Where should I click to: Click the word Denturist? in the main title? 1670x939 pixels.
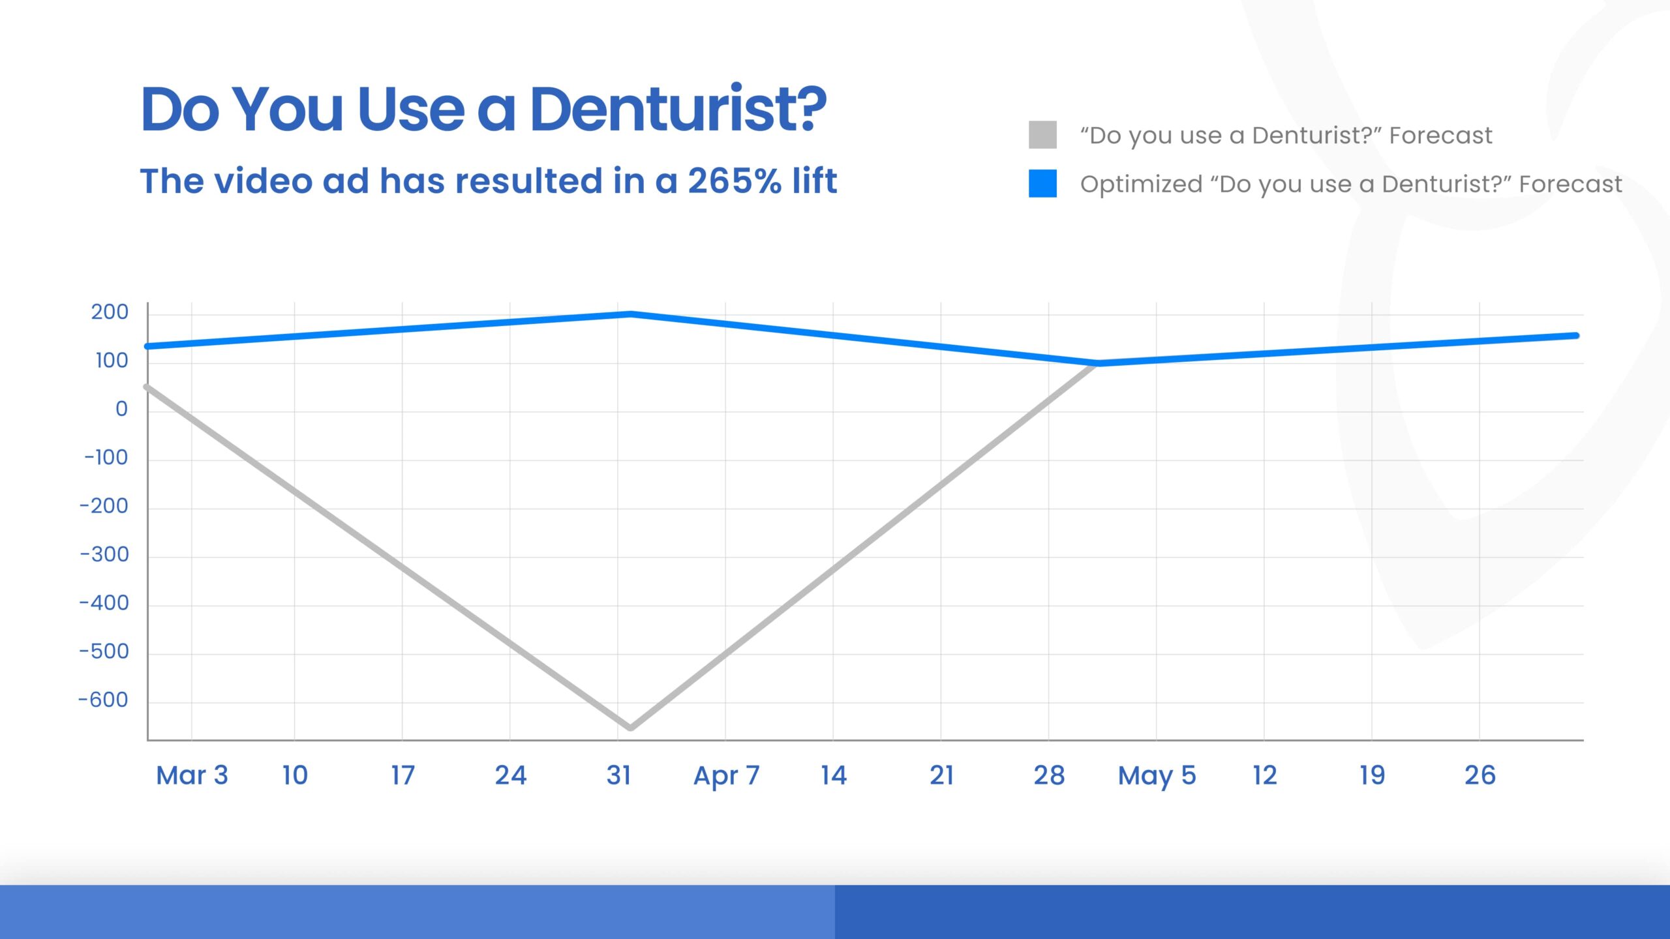pos(678,110)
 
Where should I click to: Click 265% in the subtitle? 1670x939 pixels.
pos(735,181)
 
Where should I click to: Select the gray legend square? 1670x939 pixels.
pos(1042,135)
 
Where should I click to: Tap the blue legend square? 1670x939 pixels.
pos(1042,183)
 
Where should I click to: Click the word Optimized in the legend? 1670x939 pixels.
pos(1141,184)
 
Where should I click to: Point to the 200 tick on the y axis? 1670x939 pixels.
pos(110,312)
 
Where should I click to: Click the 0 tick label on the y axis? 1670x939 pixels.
pos(121,409)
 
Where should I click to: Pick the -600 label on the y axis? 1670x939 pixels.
pos(104,700)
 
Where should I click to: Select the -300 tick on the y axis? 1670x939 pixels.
pos(104,554)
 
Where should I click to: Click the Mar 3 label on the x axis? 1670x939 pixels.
pos(192,775)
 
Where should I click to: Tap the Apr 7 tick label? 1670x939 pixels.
pos(726,775)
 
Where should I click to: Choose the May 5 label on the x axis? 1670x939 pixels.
pos(1157,775)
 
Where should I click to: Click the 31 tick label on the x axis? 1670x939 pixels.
pos(618,775)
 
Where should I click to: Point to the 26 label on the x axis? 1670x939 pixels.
pos(1480,775)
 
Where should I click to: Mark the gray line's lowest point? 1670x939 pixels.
pos(630,727)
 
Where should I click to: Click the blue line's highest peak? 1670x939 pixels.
pos(630,314)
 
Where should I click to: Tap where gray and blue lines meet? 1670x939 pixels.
pos(1097,363)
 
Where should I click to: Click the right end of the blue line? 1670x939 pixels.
pos(1576,336)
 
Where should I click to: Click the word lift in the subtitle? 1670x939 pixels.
pos(814,181)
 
